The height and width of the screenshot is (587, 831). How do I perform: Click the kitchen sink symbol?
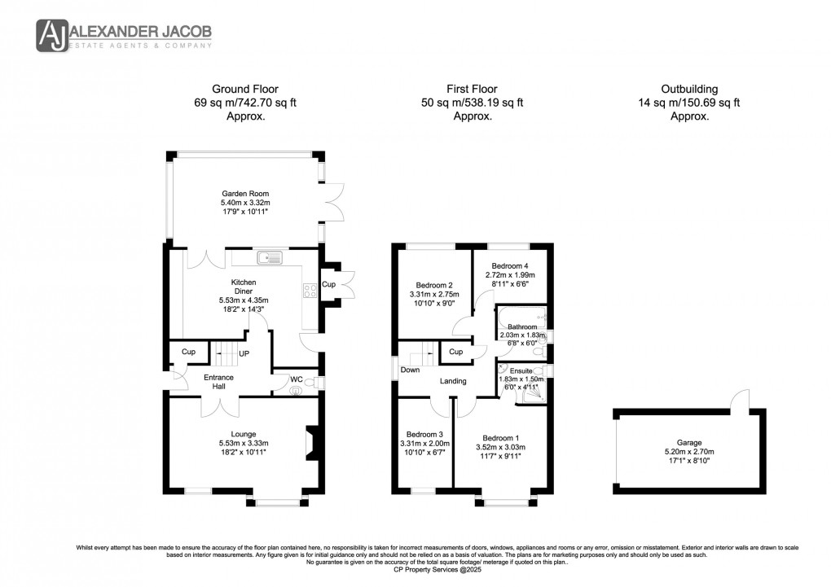pyautogui.click(x=269, y=258)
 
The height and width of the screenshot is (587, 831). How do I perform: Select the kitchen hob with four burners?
pyautogui.click(x=310, y=291)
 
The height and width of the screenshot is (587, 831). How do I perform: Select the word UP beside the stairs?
pyautogui.click(x=244, y=353)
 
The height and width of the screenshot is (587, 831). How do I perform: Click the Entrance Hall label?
pyautogui.click(x=218, y=382)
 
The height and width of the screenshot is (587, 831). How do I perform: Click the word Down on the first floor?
pyautogui.click(x=410, y=370)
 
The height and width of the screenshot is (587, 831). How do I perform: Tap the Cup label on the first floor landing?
pyautogui.click(x=455, y=353)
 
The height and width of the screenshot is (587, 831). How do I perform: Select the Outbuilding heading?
pyautogui.click(x=689, y=89)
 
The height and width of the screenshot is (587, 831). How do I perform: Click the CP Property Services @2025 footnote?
pyautogui.click(x=415, y=570)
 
